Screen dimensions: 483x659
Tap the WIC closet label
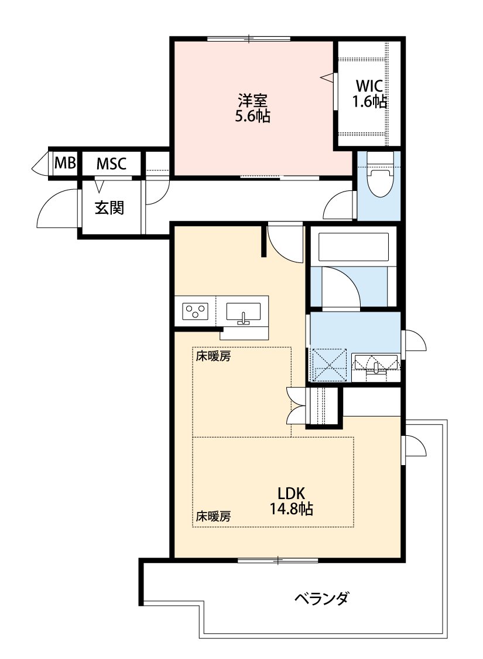[369, 86]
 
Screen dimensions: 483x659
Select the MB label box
[65, 163]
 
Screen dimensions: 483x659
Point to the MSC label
[111, 163]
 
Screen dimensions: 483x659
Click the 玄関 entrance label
[109, 207]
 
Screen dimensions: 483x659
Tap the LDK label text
[291, 493]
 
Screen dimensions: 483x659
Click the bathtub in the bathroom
[354, 247]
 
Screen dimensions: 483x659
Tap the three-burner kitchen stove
[195, 312]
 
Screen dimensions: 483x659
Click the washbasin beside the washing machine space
[375, 364]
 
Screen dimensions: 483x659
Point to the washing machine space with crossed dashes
[329, 364]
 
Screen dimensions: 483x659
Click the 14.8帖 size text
[291, 510]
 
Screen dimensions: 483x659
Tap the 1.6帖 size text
[369, 101]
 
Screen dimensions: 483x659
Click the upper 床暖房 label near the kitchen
[213, 357]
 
